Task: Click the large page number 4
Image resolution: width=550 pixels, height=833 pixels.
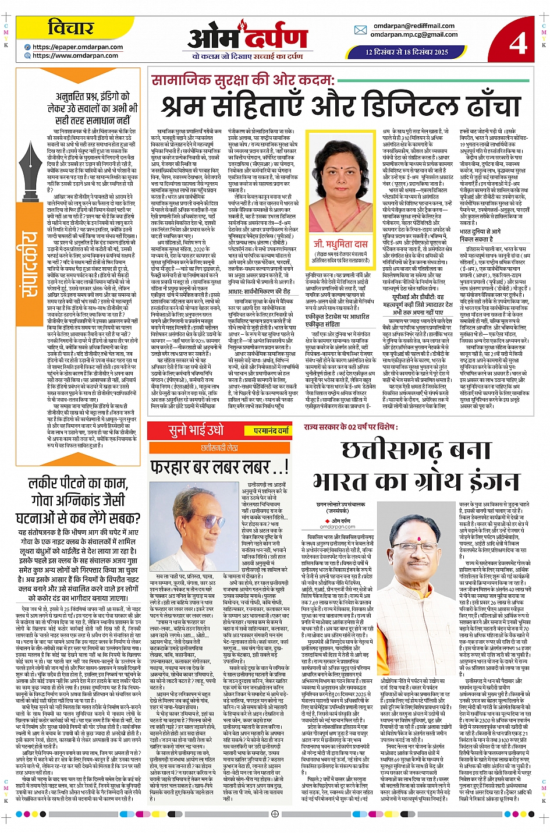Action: [517, 42]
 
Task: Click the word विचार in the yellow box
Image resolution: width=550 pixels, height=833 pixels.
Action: [70, 27]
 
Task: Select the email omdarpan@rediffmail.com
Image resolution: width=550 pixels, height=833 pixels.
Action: [414, 26]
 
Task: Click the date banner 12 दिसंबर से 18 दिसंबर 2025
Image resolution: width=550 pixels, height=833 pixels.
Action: [406, 52]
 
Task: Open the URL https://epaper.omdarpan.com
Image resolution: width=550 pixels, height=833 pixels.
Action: [77, 47]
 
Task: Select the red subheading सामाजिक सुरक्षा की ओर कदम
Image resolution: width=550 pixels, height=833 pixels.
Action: [243, 80]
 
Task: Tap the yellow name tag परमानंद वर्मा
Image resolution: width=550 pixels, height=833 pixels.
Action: [271, 431]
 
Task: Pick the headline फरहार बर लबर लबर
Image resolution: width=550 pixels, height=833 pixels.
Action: [219, 467]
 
